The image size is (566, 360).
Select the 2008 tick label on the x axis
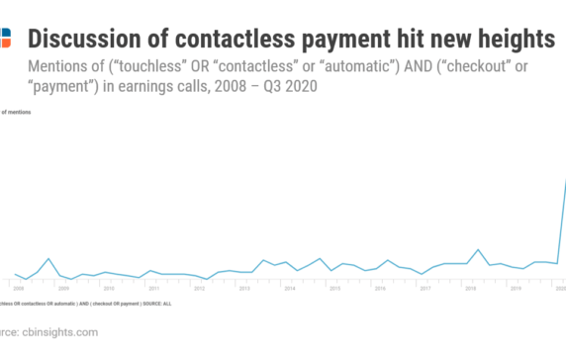18,288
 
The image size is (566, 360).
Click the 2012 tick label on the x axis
199,288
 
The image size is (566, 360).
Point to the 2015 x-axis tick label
334,288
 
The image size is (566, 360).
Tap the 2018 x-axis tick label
470,288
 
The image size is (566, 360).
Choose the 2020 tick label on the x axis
560,288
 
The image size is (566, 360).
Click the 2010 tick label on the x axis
109,288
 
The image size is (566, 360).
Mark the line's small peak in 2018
478,249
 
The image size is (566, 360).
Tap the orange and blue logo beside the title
5,39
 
